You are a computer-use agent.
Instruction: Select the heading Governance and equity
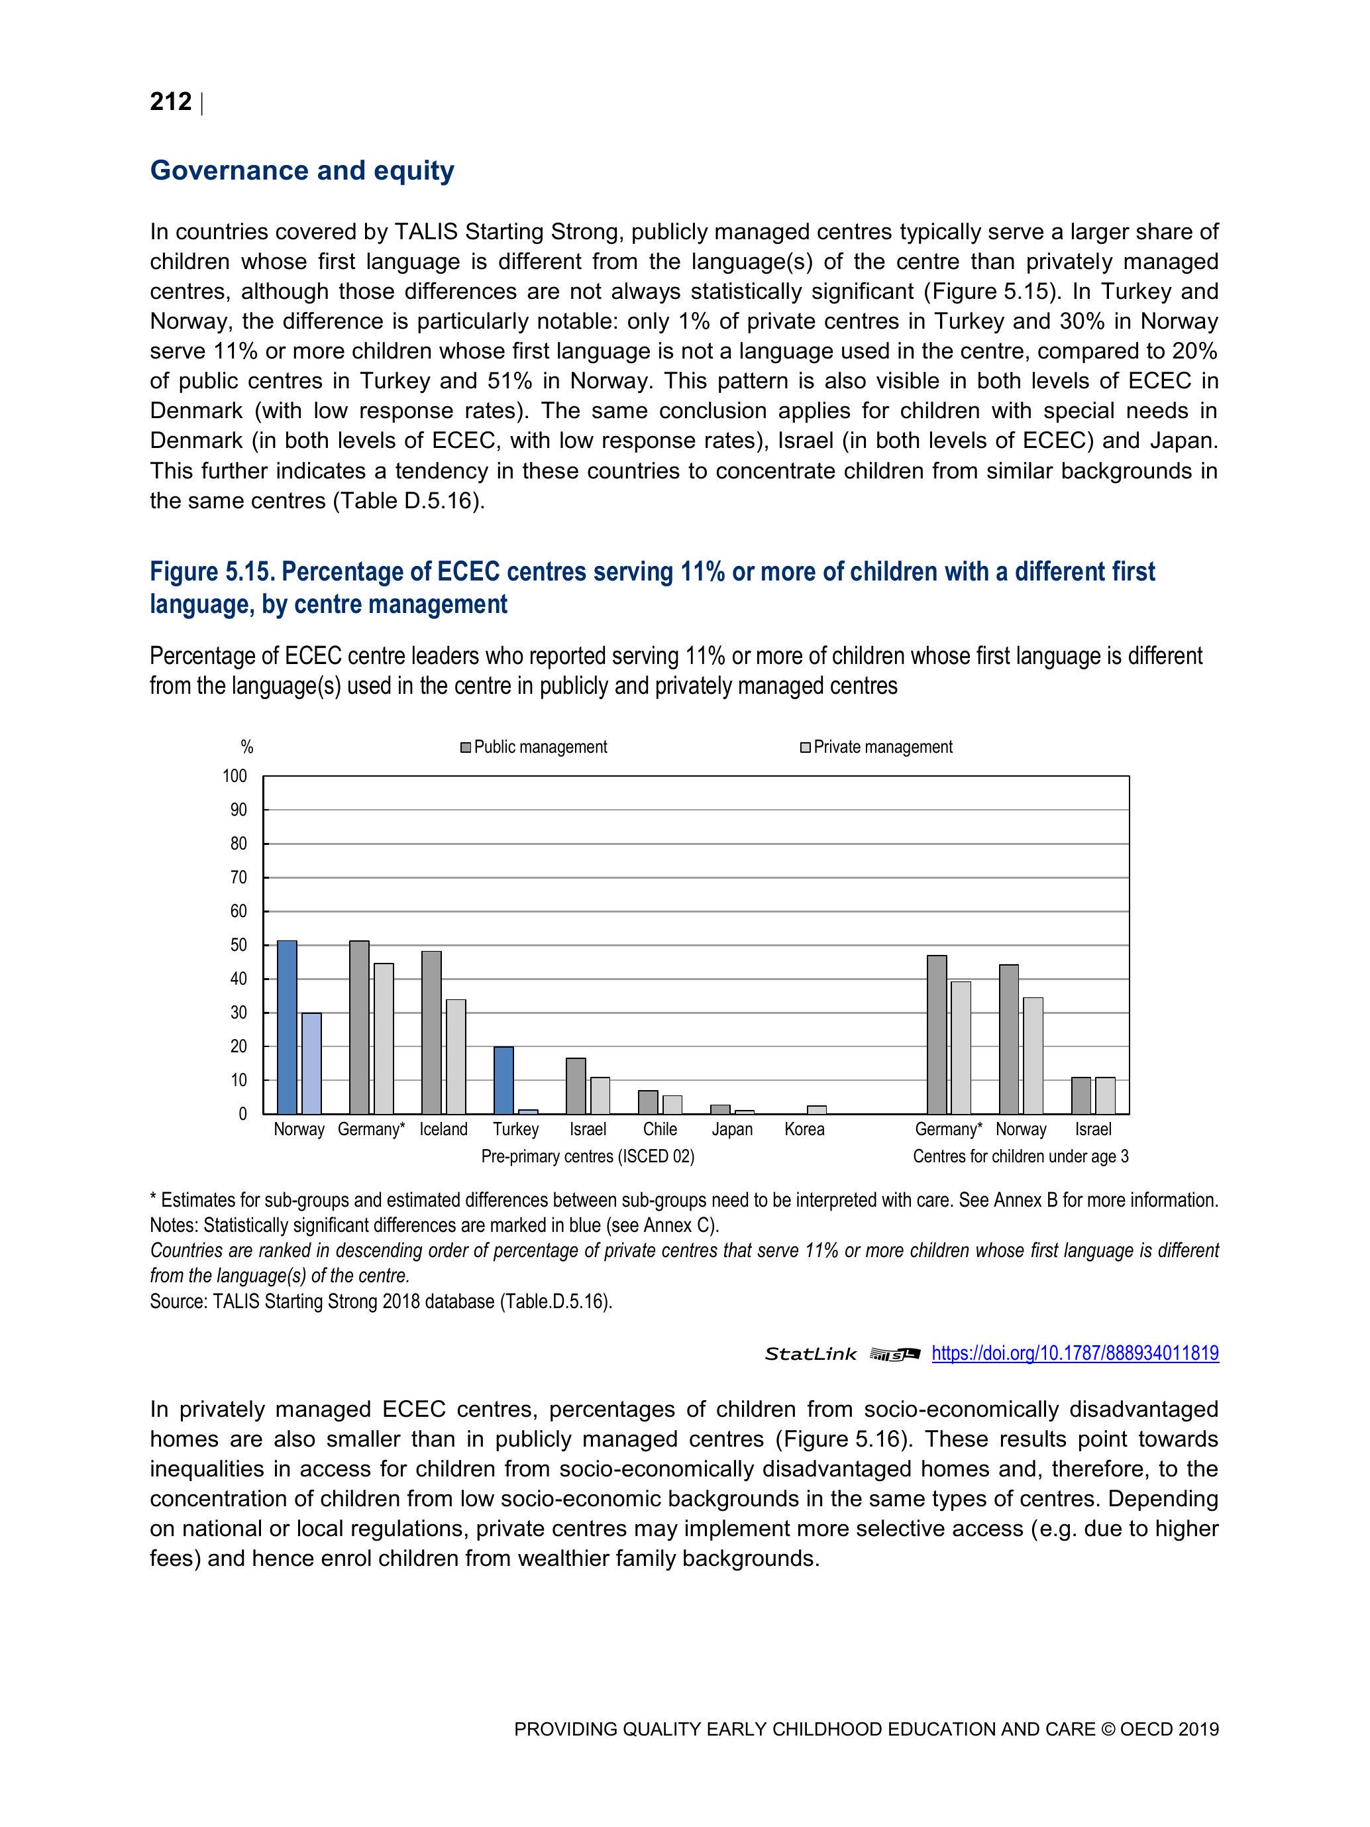pos(301,170)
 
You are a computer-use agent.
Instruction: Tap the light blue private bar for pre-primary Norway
pos(311,1063)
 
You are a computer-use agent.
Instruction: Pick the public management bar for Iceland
pos(431,1032)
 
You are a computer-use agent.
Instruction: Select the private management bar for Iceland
pos(456,1056)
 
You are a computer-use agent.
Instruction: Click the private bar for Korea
pos(817,1109)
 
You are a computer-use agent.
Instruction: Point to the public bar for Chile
pos(649,1102)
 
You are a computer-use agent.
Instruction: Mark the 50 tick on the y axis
pos(238,945)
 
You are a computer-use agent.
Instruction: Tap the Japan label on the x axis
pos(731,1129)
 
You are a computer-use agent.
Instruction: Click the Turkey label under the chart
pos(516,1129)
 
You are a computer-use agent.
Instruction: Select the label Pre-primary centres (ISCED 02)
pos(587,1156)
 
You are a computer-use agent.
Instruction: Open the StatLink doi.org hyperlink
pos(1075,1353)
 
